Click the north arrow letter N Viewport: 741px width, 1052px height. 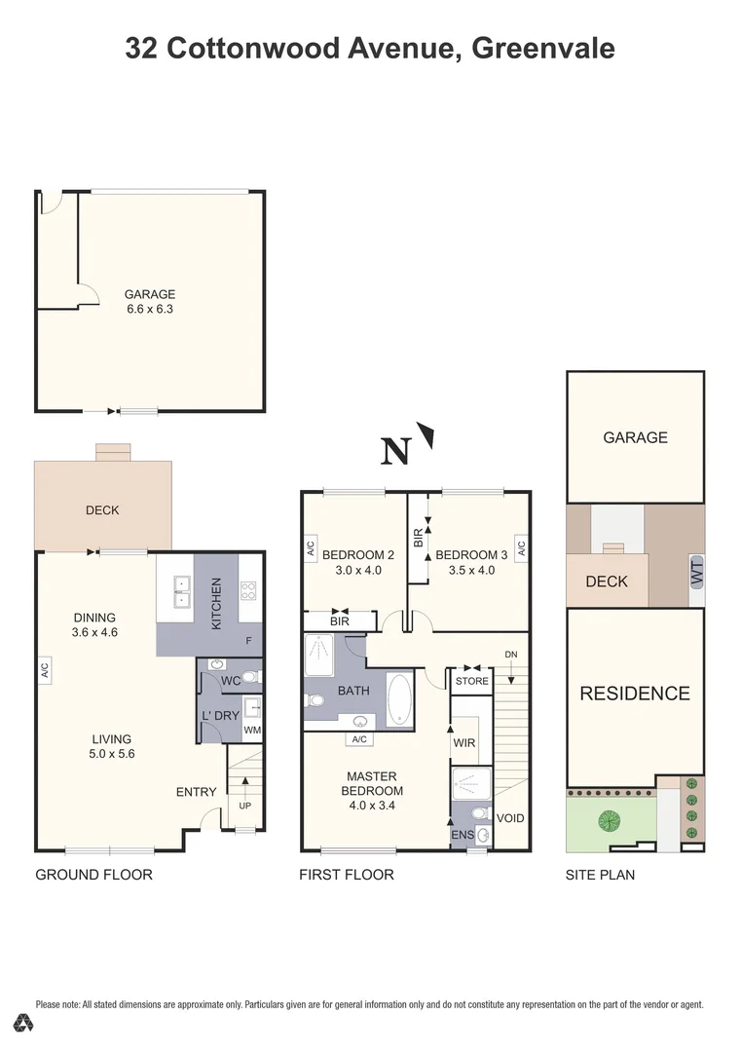click(394, 452)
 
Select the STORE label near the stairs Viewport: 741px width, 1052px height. click(472, 681)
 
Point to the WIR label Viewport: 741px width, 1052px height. click(464, 743)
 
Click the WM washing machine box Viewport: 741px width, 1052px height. click(252, 730)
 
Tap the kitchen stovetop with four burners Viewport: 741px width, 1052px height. click(248, 588)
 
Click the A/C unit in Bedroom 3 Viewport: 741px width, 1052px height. click(521, 548)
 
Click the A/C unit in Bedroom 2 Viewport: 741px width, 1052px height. click(311, 548)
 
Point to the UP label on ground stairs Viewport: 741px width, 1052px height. click(244, 807)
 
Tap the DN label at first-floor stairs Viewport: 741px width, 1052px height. click(511, 654)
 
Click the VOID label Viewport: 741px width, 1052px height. click(510, 818)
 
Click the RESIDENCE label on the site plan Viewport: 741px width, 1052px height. click(635, 694)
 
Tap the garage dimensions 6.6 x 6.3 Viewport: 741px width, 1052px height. click(150, 310)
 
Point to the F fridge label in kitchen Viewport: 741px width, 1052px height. click(248, 641)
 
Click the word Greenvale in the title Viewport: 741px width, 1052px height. click(543, 48)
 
